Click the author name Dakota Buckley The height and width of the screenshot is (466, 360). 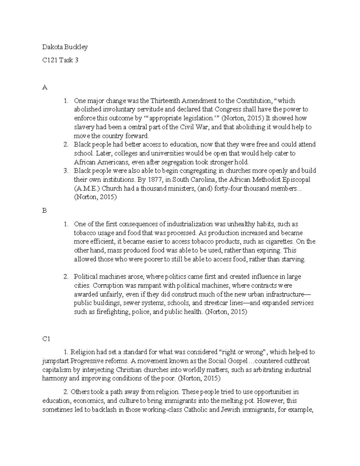[65, 47]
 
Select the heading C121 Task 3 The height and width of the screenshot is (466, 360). [60, 60]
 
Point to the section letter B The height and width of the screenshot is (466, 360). [44, 211]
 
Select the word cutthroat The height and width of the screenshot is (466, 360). [297, 361]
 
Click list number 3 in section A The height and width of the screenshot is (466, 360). [66, 171]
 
